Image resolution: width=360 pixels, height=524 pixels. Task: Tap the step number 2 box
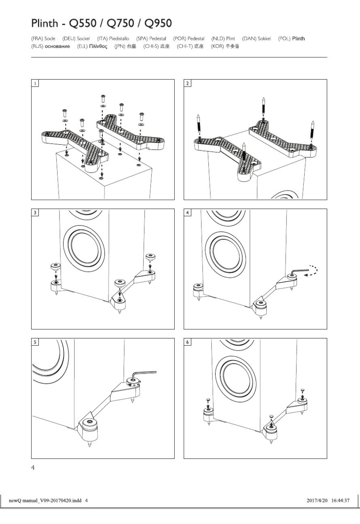[x=187, y=83]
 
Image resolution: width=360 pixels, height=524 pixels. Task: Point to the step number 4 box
[x=187, y=212]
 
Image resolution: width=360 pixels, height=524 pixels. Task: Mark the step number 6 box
[x=187, y=342]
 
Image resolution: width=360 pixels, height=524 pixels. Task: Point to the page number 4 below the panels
[x=33, y=468]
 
